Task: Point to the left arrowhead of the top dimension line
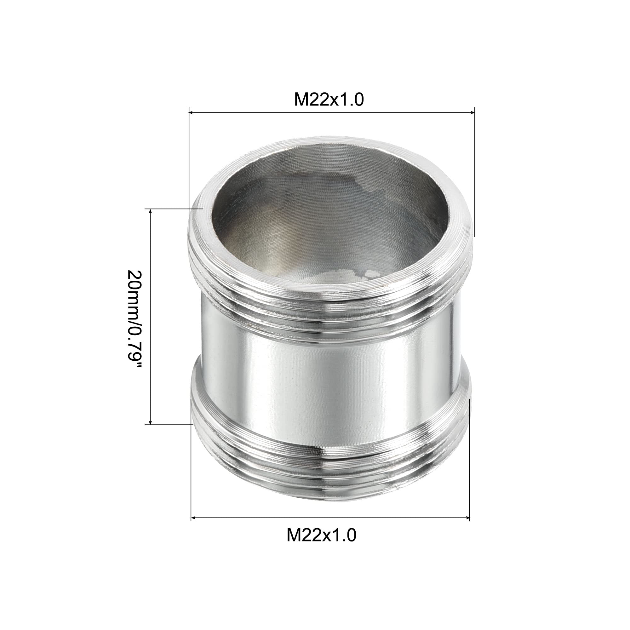(192, 112)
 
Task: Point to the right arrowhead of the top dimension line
(472, 112)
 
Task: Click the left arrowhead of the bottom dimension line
(194, 518)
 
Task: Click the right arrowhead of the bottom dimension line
(467, 518)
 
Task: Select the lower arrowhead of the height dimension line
(150, 422)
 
